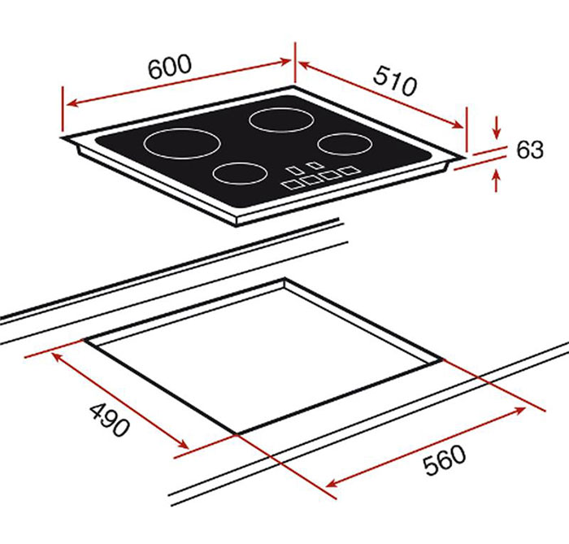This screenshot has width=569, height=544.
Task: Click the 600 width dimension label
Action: coord(170,67)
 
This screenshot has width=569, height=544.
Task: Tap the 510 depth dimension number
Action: coord(395,81)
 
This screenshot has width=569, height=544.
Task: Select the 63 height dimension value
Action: coord(530,150)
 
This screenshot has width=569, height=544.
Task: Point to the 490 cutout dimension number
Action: coord(109,420)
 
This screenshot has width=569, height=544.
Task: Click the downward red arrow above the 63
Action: coord(497,128)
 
